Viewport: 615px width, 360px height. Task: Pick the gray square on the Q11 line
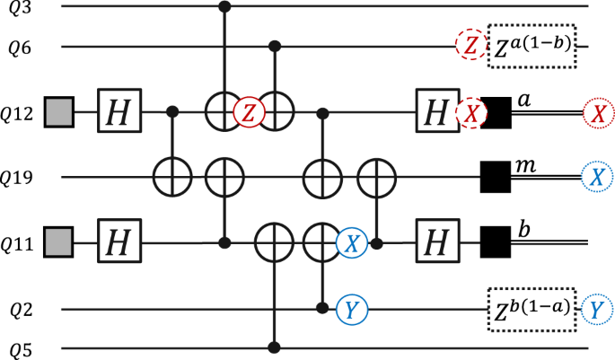(57, 241)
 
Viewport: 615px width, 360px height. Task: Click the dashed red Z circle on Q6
(468, 46)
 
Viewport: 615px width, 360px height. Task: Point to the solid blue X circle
(352, 241)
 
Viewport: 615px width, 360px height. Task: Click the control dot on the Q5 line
(273, 348)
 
